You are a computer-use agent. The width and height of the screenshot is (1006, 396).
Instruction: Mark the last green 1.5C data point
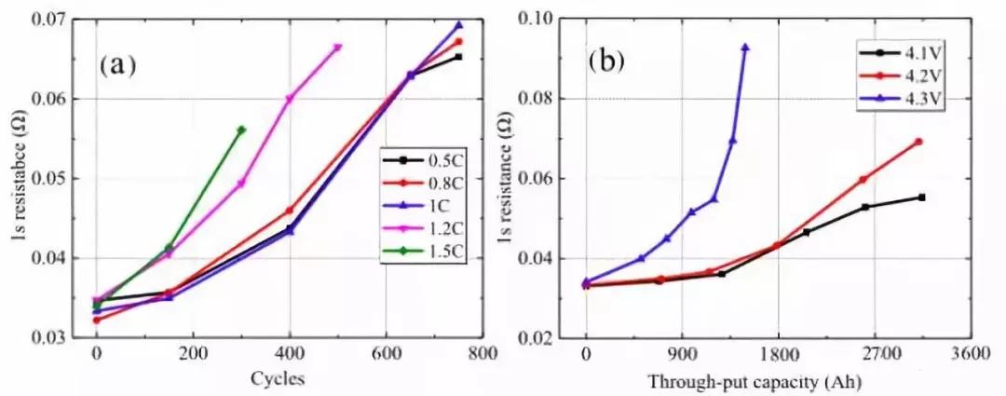241,130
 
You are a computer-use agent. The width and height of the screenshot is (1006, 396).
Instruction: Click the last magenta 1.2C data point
337,48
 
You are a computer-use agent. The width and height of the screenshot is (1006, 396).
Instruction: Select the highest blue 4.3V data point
745,47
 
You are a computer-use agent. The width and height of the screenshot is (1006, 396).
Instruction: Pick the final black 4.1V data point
921,197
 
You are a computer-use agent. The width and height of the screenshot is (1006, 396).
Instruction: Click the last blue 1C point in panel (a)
458,25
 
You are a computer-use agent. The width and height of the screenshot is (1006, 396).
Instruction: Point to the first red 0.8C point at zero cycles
96,320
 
